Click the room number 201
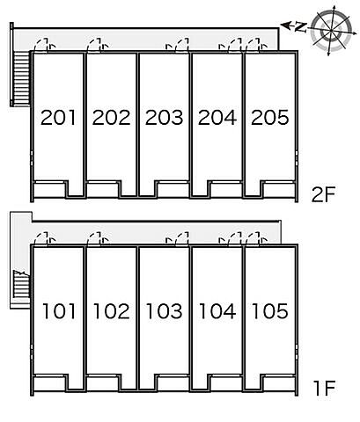coord(58,117)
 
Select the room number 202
coord(111,117)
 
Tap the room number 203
coord(164,117)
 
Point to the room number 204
coord(217,117)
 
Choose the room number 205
coord(270,117)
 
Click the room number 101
coord(59,311)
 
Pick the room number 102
coord(112,311)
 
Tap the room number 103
coord(165,311)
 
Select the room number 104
coord(217,311)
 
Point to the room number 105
coord(270,311)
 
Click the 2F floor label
coord(323,194)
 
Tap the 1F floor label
coord(324,388)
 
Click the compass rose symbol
coord(331,30)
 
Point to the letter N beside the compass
coord(300,27)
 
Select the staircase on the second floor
coord(22,78)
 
